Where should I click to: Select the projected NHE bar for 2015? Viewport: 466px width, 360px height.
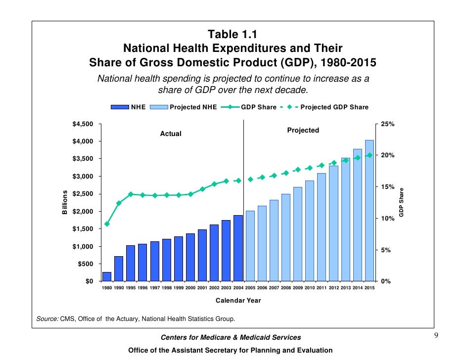coord(370,211)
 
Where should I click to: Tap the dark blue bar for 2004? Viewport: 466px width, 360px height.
coord(238,248)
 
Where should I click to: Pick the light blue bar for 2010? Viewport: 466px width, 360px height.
coord(310,231)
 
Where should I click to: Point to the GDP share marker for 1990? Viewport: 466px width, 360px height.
coord(119,203)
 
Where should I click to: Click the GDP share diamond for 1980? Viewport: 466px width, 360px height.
coord(107,224)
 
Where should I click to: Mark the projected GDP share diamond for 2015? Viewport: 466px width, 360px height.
coord(370,155)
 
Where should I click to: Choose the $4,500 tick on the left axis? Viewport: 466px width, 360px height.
coord(83,124)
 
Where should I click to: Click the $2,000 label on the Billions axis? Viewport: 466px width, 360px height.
coord(83,211)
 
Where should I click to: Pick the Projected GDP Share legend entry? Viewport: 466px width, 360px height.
coord(334,107)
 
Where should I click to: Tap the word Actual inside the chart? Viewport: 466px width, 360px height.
coord(171,134)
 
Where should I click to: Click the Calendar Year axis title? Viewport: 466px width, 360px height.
coord(238,300)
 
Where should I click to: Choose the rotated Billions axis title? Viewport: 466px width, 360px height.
coord(64,202)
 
